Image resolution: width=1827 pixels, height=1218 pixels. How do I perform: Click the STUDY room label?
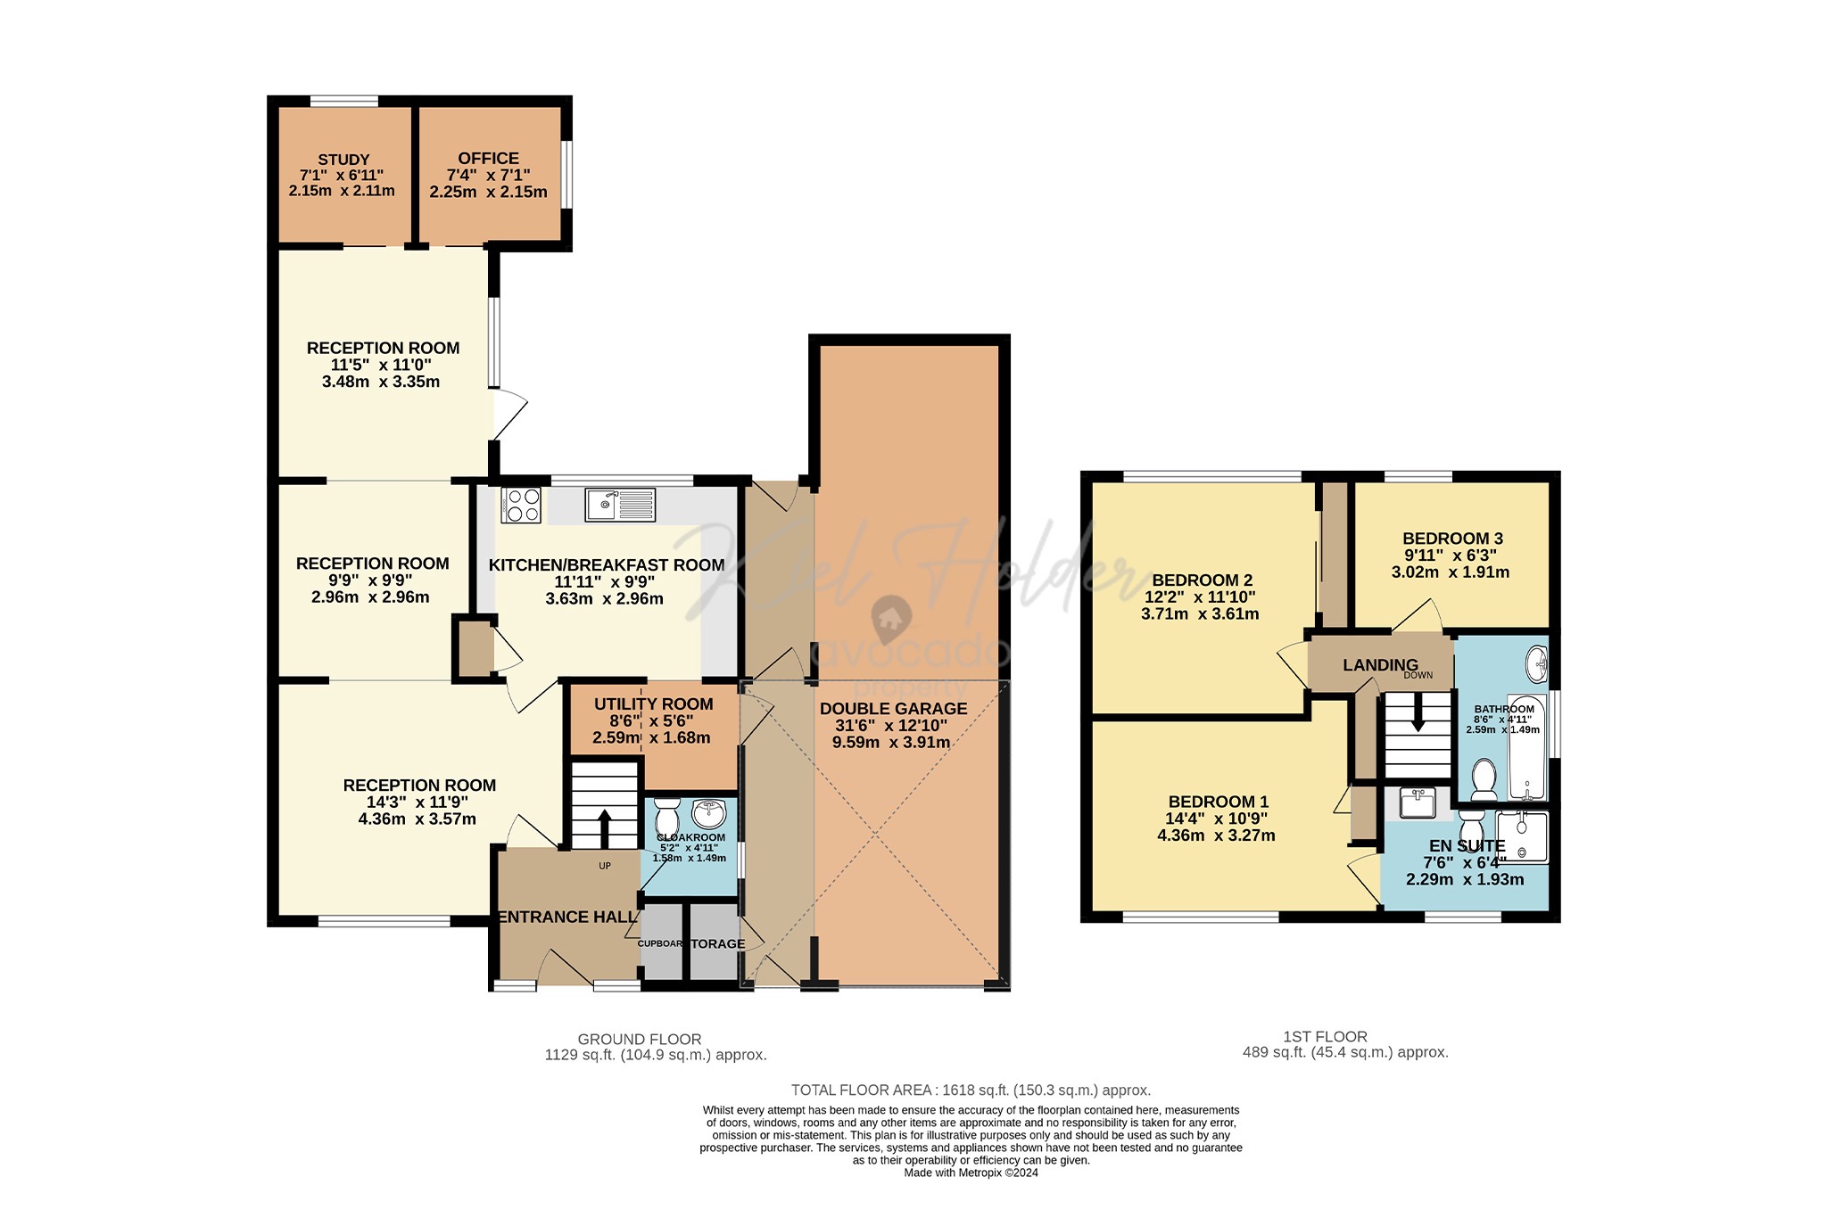click(343, 160)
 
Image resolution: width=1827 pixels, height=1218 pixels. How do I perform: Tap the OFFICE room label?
click(488, 159)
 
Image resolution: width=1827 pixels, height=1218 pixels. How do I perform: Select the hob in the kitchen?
click(521, 505)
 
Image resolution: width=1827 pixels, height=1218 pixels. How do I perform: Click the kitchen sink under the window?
click(620, 505)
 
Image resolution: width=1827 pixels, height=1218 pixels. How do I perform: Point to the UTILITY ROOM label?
click(653, 704)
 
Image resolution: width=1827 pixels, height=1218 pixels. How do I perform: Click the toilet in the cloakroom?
click(667, 814)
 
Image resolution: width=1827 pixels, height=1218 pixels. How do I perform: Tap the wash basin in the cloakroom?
click(709, 812)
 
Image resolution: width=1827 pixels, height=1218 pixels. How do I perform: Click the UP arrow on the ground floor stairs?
click(604, 827)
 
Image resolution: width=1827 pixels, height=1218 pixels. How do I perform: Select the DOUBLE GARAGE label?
click(893, 709)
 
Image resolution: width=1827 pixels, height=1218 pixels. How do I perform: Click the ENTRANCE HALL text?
click(567, 918)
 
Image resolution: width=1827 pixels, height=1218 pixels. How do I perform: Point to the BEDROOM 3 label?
click(1452, 539)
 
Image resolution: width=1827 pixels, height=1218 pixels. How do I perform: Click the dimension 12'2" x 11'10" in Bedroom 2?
click(1200, 597)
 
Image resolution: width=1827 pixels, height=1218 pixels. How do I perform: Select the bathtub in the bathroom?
click(1526, 747)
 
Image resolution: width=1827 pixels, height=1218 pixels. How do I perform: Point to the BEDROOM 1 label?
click(1218, 802)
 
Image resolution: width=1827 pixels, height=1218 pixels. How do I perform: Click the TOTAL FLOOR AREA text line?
click(971, 1090)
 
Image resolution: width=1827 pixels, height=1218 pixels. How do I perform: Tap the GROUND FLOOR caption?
click(640, 1039)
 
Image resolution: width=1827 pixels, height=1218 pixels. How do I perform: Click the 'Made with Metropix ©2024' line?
click(971, 1173)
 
